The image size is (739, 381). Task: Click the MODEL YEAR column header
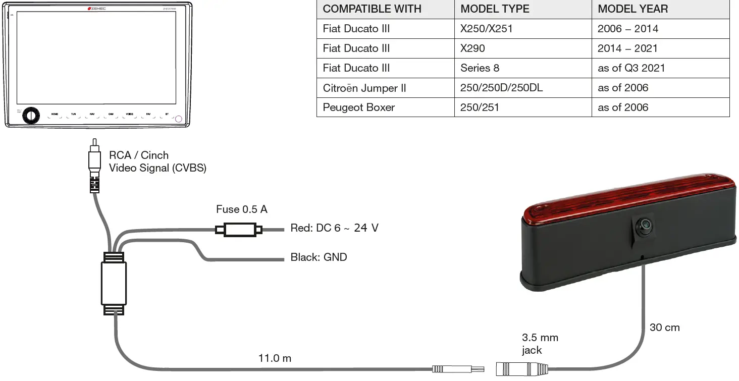pos(632,9)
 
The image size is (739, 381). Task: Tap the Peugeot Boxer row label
pos(359,107)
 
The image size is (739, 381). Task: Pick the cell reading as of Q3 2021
pos(631,68)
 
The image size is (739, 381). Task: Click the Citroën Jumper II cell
pos(364,88)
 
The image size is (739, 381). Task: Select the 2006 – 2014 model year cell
pos(627,29)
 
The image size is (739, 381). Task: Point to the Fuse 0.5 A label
pos(241,209)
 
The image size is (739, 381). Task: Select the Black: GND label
pos(319,257)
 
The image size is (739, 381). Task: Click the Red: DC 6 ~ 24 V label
pos(334,228)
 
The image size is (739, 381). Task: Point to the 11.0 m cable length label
pos(275,359)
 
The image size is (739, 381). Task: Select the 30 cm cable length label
pos(664,328)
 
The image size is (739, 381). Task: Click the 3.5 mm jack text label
pos(540,344)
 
